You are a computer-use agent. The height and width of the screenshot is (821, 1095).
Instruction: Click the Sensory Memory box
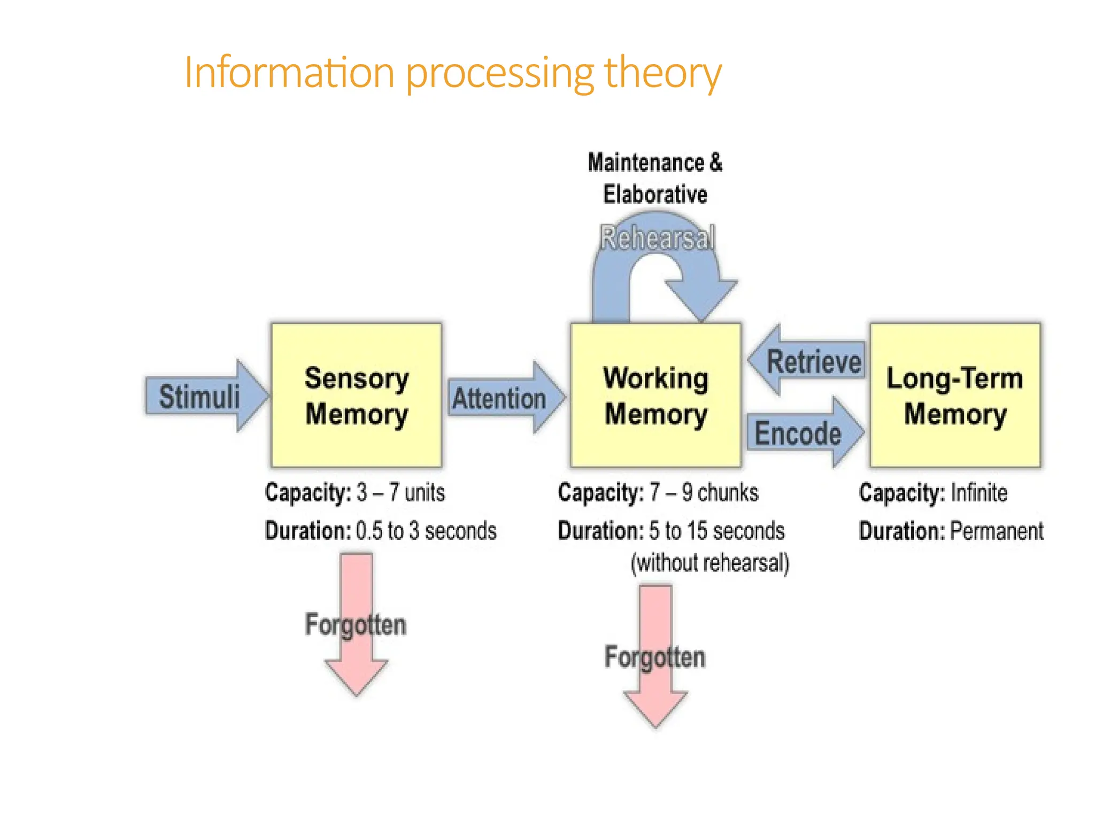(x=357, y=396)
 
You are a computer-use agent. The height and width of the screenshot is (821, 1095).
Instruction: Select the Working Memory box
(x=656, y=396)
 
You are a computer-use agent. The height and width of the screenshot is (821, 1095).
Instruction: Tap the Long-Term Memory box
(x=955, y=396)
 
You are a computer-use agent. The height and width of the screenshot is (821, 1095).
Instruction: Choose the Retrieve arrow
(x=807, y=361)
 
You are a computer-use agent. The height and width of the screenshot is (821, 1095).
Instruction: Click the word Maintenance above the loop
(x=646, y=162)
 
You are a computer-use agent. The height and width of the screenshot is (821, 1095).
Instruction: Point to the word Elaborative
(x=655, y=195)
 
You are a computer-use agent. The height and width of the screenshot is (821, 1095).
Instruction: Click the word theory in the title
(x=663, y=73)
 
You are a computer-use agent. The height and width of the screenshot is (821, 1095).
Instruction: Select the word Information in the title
(x=289, y=73)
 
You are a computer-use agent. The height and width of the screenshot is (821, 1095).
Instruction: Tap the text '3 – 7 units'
(x=400, y=492)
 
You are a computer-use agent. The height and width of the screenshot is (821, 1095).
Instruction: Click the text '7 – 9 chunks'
(x=704, y=492)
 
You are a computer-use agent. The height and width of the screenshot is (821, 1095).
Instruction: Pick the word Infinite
(x=979, y=492)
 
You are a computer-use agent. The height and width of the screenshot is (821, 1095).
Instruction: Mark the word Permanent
(x=997, y=531)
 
